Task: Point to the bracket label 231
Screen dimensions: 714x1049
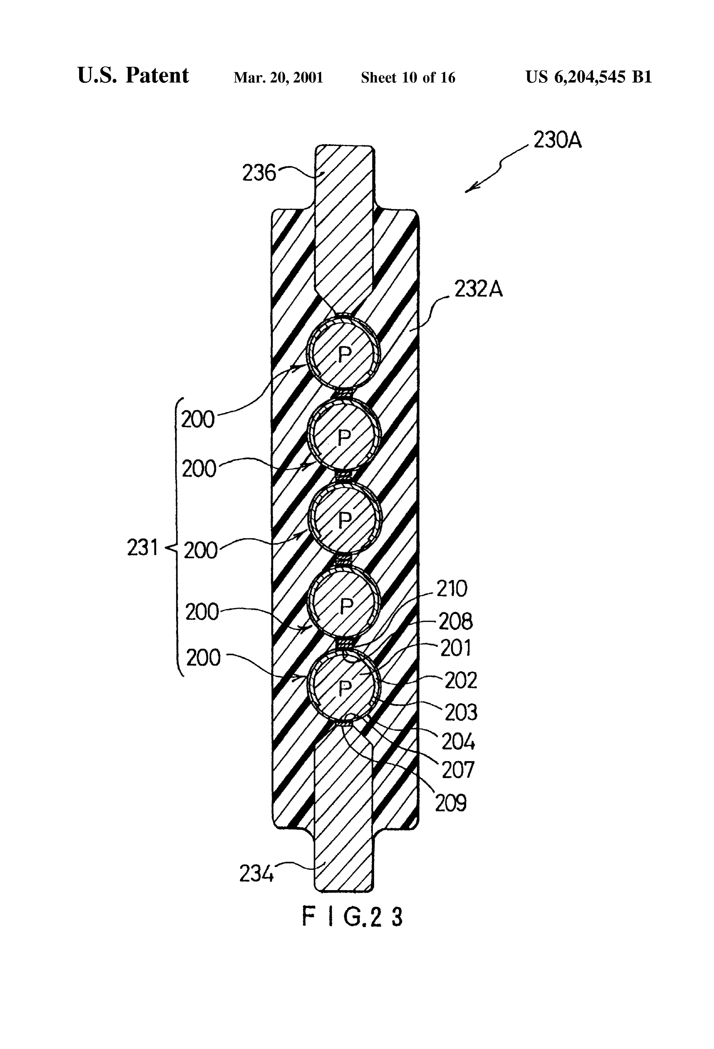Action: click(142, 548)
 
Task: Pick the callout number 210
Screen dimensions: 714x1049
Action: click(452, 589)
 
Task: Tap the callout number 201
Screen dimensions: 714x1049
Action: click(455, 648)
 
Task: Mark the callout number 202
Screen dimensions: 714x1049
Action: click(460, 680)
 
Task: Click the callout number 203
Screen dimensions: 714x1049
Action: click(461, 712)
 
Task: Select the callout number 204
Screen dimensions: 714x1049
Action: click(458, 742)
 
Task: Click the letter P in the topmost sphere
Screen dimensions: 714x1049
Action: click(344, 356)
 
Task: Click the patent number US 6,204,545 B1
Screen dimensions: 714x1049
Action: click(588, 77)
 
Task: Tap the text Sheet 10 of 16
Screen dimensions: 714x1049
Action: click(408, 78)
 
